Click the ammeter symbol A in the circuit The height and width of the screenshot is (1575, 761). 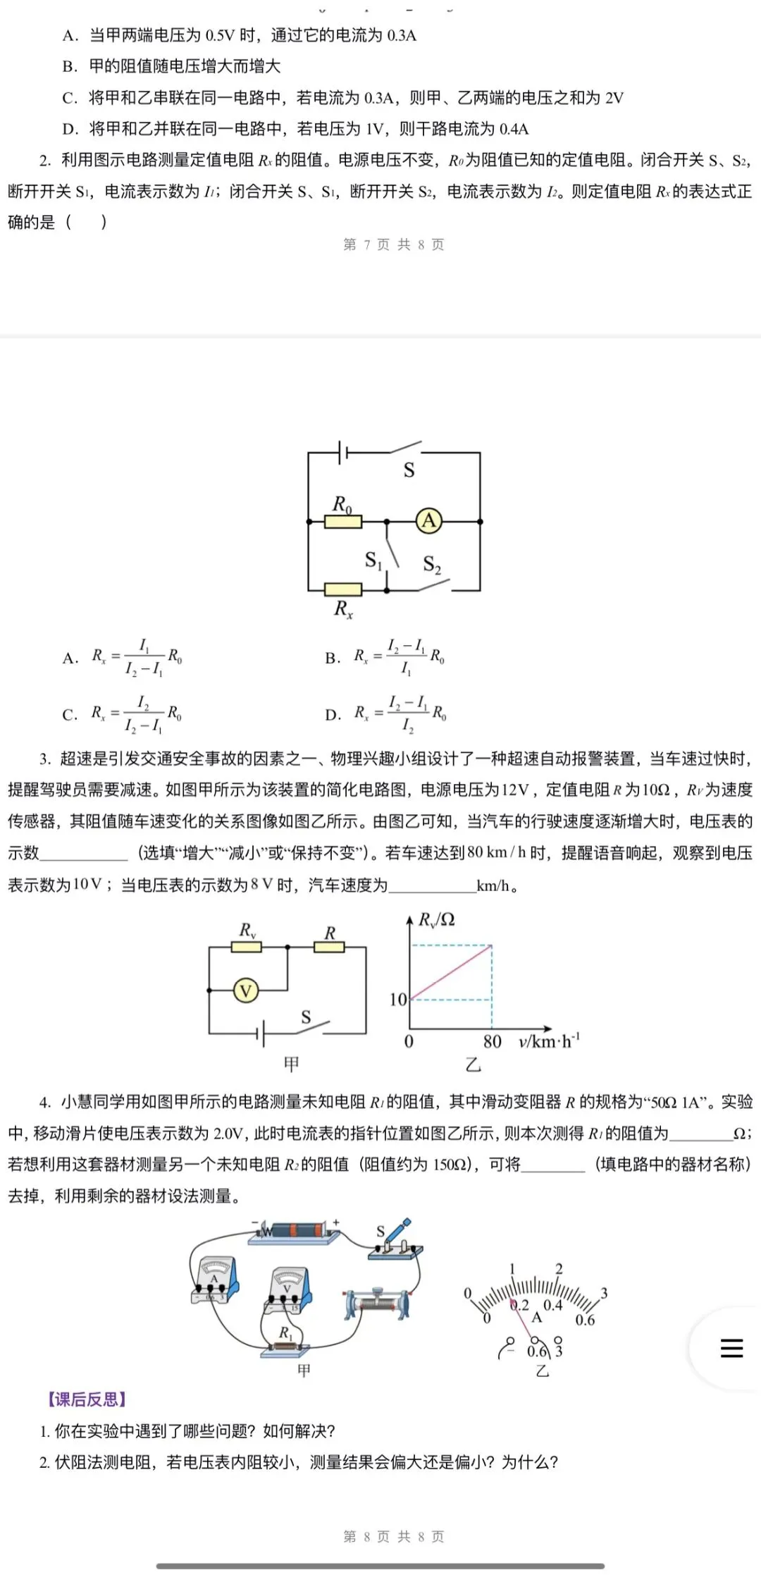click(x=429, y=521)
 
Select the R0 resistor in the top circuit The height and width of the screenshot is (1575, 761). click(x=343, y=522)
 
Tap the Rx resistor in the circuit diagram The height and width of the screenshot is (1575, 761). click(x=343, y=589)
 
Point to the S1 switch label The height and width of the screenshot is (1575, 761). click(x=373, y=560)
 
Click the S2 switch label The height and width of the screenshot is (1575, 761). click(x=432, y=564)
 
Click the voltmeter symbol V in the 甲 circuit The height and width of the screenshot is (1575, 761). click(x=246, y=991)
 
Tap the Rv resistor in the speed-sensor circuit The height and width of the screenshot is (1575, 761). click(x=247, y=947)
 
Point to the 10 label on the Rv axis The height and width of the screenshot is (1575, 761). click(x=398, y=999)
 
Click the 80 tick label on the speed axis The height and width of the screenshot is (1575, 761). click(x=492, y=1041)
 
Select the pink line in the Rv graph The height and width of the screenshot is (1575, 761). click(x=451, y=972)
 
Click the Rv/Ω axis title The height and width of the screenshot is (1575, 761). click(x=437, y=919)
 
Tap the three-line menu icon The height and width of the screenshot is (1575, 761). click(x=731, y=1347)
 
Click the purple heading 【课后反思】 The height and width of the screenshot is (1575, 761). click(x=87, y=1399)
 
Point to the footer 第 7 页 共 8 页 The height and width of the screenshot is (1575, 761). click(x=393, y=245)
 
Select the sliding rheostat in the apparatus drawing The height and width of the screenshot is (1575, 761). click(x=378, y=1303)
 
